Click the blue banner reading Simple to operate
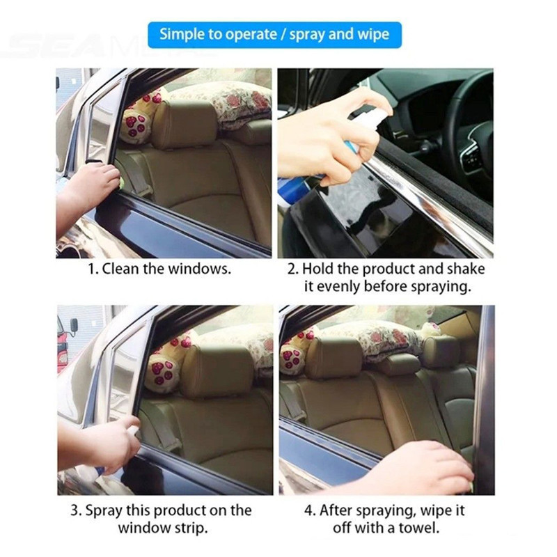274,35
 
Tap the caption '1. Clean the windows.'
159,269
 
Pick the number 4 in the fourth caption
308,511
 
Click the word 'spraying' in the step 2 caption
441,287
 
